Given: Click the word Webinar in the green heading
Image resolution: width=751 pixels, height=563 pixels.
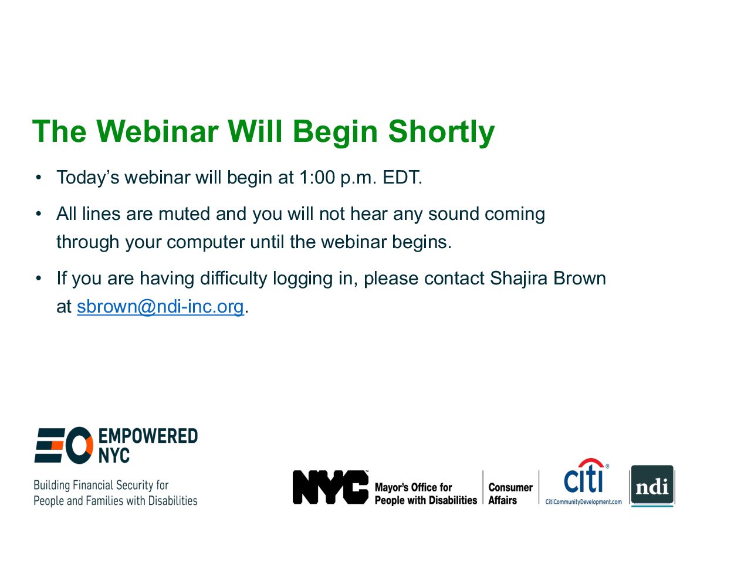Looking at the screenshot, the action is (157, 131).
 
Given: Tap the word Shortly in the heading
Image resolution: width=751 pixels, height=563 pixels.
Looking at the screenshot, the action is (441, 133).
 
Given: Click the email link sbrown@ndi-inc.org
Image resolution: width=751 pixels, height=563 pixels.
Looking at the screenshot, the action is (160, 306).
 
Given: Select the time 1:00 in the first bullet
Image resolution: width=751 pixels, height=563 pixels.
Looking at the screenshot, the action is (317, 178).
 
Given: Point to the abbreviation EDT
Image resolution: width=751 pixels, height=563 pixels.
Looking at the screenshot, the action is (402, 178).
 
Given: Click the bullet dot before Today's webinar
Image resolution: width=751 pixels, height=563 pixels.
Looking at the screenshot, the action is (38, 178).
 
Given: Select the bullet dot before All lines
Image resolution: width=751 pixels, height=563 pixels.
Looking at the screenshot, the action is (38, 214).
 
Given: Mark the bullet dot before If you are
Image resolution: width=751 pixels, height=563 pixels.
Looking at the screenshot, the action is (38, 279).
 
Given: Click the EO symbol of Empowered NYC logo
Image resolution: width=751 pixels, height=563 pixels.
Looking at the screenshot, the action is (63, 445).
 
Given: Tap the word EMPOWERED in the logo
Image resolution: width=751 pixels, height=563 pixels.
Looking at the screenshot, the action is (148, 436).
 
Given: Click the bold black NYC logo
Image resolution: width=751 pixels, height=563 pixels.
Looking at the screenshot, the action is (330, 487).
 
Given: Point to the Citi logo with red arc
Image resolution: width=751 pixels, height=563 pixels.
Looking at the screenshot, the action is (586, 476).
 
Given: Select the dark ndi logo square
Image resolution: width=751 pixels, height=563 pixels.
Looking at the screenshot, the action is (652, 485).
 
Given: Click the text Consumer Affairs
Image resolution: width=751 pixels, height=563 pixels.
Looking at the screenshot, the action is (510, 494).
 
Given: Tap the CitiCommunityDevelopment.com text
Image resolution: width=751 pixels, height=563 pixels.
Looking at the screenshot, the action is (583, 502).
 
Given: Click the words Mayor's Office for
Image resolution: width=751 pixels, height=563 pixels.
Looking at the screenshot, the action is (413, 487).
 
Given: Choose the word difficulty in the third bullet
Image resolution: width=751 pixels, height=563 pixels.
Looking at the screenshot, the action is (234, 279).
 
